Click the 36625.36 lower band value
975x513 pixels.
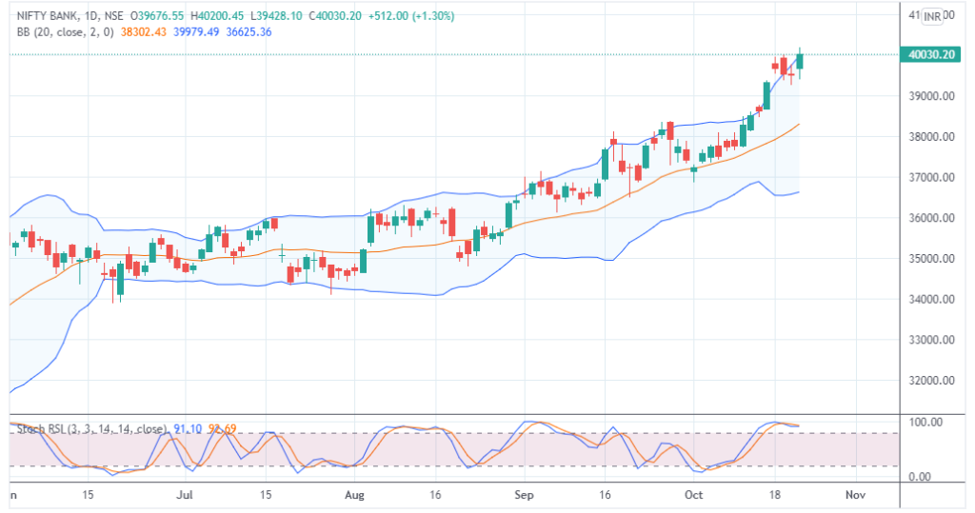point(246,31)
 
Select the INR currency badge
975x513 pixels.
point(932,16)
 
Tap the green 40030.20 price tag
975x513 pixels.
point(932,55)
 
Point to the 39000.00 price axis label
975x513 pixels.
point(930,96)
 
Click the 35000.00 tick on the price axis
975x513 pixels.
point(930,259)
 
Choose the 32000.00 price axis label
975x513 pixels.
point(930,381)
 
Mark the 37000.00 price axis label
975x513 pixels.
point(930,178)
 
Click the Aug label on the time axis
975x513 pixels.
point(354,496)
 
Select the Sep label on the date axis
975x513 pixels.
point(523,496)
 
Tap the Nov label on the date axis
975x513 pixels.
point(854,496)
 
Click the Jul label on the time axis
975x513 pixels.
point(186,496)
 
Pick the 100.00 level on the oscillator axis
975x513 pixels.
point(925,422)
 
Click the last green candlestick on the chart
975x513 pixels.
point(800,61)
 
